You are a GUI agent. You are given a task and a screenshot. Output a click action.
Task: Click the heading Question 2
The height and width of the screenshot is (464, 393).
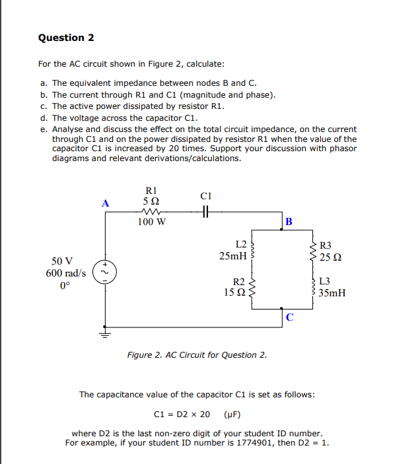pos(66,38)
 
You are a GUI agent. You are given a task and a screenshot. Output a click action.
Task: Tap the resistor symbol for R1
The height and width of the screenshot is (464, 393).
pos(151,213)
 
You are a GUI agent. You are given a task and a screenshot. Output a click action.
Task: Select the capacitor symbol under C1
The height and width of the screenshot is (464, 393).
pos(205,213)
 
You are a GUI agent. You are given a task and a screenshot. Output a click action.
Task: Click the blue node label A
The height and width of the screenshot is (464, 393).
pos(104,203)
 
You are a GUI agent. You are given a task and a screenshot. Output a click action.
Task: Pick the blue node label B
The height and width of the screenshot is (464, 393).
pos(289,221)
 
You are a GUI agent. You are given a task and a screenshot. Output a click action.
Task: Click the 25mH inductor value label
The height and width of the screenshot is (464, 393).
pos(233,255)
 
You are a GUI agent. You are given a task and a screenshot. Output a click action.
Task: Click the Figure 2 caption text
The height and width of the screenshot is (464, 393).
pos(197,355)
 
